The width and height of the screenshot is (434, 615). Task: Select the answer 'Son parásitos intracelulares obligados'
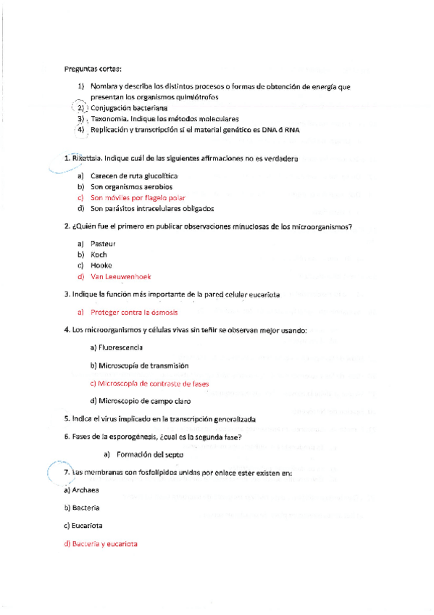(152, 208)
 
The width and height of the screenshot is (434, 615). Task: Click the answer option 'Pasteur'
(103, 244)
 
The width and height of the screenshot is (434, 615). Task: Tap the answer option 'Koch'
(99, 255)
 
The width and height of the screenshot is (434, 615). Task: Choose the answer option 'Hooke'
(101, 265)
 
